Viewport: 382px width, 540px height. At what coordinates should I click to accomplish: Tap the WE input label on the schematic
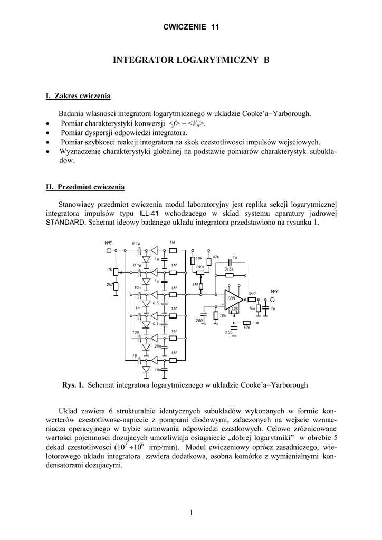pyautogui.click(x=108, y=243)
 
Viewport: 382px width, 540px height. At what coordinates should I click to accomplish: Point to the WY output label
pyautogui.click(x=274, y=291)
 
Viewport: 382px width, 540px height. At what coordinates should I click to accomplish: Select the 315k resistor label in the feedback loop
pyautogui.click(x=229, y=269)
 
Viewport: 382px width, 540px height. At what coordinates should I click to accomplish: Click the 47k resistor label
pyautogui.click(x=215, y=257)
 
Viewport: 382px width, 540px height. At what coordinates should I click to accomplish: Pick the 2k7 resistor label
pyautogui.click(x=110, y=285)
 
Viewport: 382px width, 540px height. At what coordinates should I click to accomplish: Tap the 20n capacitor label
pyautogui.click(x=158, y=346)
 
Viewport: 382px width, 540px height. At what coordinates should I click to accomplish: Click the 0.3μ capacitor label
pyautogui.click(x=228, y=332)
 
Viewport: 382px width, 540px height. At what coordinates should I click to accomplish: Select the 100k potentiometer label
pyautogui.click(x=199, y=267)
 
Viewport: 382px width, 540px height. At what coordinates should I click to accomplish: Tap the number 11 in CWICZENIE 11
pyautogui.click(x=215, y=27)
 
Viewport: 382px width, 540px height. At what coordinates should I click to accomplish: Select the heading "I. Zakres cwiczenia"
pyautogui.click(x=78, y=96)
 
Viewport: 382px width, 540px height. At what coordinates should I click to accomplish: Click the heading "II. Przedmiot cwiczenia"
pyautogui.click(x=85, y=187)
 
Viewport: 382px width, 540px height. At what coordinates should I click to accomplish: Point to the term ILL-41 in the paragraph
pyautogui.click(x=149, y=214)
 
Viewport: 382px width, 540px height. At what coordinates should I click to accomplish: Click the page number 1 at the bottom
pyautogui.click(x=191, y=512)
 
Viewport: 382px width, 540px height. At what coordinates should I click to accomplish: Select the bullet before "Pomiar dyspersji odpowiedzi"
pyautogui.click(x=49, y=133)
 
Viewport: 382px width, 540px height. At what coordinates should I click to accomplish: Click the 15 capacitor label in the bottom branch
pyautogui.click(x=135, y=356)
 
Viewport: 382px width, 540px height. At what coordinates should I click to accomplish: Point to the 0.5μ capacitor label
pyautogui.click(x=157, y=303)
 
